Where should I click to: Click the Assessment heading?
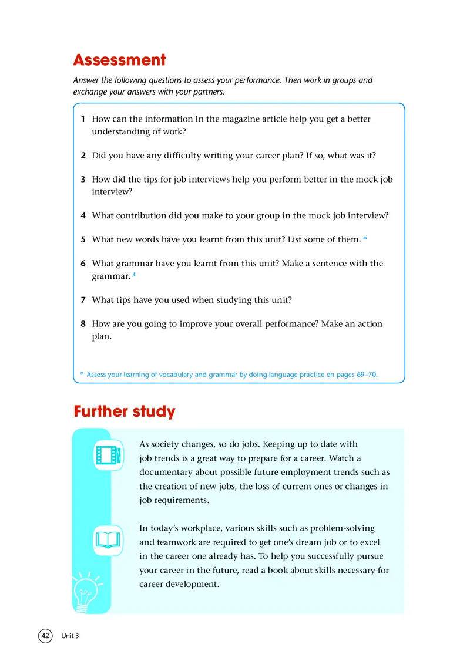119,60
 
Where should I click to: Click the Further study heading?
125,411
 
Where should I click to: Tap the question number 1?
83,119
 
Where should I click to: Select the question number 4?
83,215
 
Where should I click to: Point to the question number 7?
83,300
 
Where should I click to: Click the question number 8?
83,324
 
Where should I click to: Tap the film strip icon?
109,455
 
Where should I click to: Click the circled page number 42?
45,636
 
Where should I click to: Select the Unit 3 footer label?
69,636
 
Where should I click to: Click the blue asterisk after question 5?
365,239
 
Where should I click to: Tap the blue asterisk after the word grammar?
134,275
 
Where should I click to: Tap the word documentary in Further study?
166,472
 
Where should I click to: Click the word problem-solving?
341,528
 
